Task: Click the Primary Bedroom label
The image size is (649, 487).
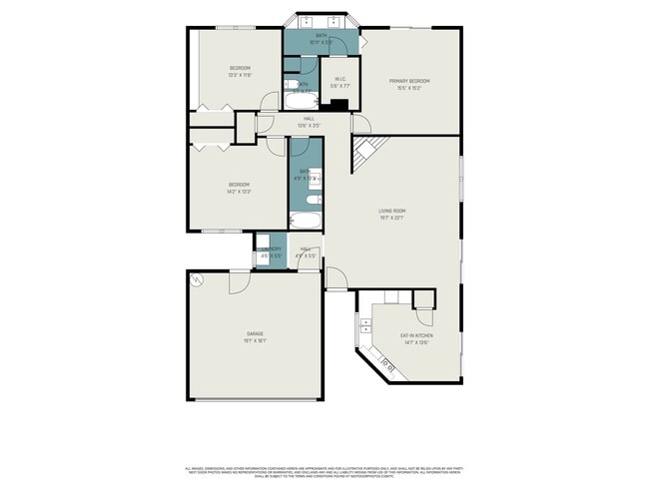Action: (x=412, y=81)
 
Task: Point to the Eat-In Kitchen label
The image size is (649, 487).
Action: (x=414, y=336)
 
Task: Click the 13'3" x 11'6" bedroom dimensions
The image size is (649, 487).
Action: (x=239, y=75)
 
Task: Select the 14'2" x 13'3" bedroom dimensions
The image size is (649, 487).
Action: (x=239, y=191)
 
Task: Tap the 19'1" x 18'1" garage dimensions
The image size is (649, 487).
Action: (x=256, y=340)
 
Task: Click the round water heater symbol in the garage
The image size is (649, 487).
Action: (x=198, y=279)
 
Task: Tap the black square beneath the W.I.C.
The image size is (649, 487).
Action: (x=339, y=105)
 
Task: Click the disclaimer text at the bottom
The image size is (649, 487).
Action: (x=324, y=470)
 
